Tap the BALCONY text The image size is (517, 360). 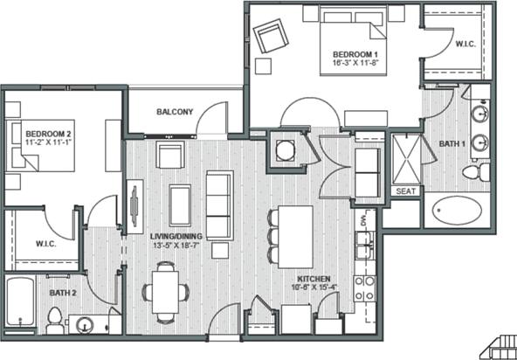175,112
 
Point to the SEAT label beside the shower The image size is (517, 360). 405,191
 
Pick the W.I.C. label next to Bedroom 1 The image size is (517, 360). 465,42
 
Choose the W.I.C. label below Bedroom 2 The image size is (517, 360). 46,243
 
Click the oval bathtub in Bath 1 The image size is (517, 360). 457,211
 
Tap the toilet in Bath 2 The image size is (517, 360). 55,319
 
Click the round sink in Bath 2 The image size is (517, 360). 86,325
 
